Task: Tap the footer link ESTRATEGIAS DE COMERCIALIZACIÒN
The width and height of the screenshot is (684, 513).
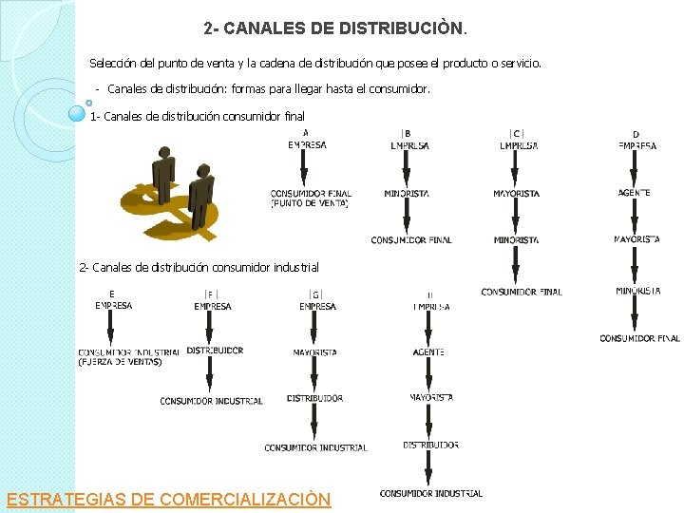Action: [x=168, y=499]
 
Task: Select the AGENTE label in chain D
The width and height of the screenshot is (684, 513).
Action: [x=635, y=193]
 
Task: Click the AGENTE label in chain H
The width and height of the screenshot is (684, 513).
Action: [x=428, y=351]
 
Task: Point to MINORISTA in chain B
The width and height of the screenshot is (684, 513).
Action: [x=407, y=194]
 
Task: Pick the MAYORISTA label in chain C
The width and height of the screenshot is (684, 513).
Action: [x=516, y=194]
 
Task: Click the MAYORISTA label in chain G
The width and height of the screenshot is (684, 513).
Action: [x=314, y=351]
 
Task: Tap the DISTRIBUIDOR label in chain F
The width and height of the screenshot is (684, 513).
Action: [x=215, y=351]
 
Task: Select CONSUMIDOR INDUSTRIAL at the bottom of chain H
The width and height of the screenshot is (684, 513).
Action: [x=430, y=493]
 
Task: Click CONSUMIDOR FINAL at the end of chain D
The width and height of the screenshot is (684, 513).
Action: [x=639, y=338]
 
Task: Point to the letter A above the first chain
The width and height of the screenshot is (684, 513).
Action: [x=305, y=132]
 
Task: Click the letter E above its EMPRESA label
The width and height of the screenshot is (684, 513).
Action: [x=112, y=294]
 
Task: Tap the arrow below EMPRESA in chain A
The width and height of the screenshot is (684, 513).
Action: [x=304, y=169]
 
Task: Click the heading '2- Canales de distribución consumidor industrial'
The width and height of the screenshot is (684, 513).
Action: [x=199, y=268]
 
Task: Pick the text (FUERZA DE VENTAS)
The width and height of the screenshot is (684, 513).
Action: [x=120, y=362]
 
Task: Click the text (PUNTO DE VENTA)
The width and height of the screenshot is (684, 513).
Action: [x=311, y=203]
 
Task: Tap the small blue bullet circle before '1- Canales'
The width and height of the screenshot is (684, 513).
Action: [x=79, y=114]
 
